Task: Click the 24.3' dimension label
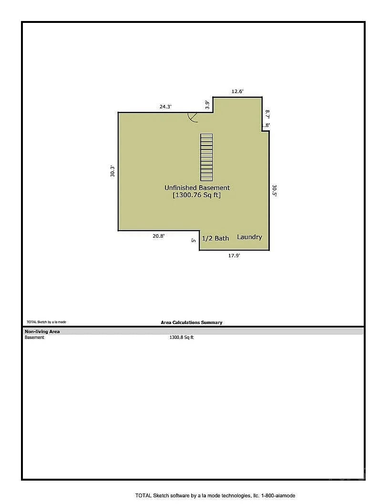coord(165,106)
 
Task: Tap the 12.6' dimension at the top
coord(237,91)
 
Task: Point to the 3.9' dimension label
coord(207,105)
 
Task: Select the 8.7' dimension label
coord(267,114)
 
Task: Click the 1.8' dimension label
coord(266,126)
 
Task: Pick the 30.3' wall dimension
coord(113,171)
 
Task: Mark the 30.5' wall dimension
coord(275,190)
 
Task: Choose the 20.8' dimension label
coord(159,236)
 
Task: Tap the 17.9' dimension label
coord(234,255)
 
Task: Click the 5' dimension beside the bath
coord(194,240)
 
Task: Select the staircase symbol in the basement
coord(206,157)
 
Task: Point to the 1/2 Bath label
coord(215,238)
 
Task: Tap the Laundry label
coord(249,237)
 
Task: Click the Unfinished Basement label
coord(197,188)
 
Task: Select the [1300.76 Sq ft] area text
coord(197,195)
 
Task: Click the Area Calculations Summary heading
coord(192,322)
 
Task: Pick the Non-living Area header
coord(42,331)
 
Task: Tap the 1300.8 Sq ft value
coord(182,337)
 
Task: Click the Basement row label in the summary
coord(34,337)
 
